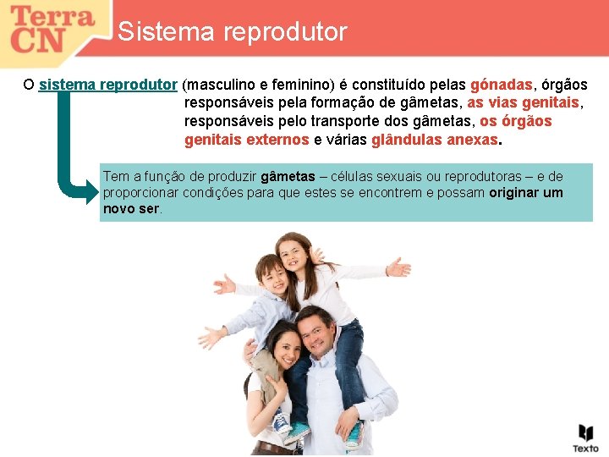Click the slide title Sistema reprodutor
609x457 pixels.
click(x=233, y=32)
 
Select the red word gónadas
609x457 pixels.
click(x=502, y=85)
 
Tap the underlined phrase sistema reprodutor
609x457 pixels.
click(x=107, y=85)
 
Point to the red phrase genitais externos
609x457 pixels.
click(x=246, y=139)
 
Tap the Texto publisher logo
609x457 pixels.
click(x=585, y=438)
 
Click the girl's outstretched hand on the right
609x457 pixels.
click(x=398, y=268)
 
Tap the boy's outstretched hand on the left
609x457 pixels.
click(x=223, y=284)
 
